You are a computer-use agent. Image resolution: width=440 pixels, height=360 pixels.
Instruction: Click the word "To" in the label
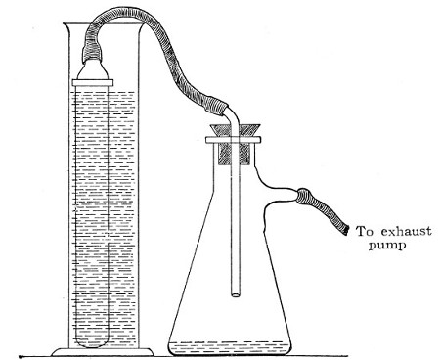pos(364,232)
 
